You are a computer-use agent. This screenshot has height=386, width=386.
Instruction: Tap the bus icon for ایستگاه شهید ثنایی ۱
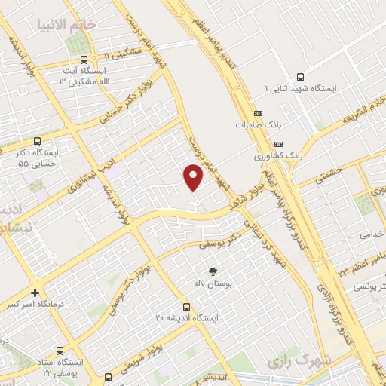tap(301, 77)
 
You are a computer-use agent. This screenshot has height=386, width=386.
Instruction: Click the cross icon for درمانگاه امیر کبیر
tap(35, 293)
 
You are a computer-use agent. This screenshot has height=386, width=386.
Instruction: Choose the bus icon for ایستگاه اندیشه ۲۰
tap(186, 308)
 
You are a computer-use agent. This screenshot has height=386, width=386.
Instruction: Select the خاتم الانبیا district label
tap(69, 24)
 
